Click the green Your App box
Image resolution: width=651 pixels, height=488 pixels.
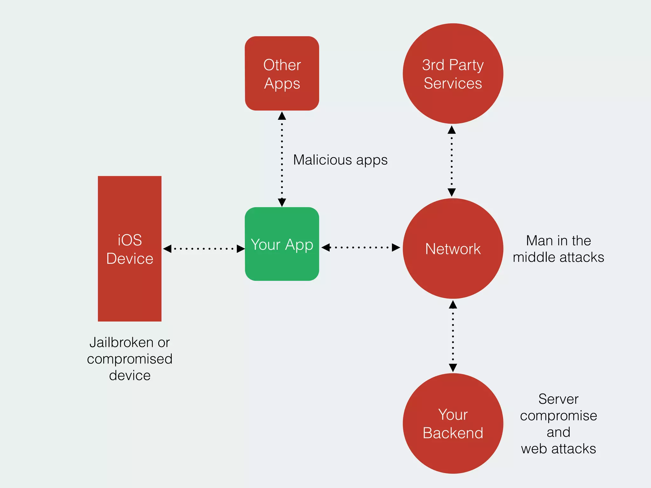282,244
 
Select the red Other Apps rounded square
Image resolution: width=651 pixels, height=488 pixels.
282,73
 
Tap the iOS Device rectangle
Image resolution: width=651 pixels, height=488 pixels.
130,249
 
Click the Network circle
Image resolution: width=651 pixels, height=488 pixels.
453,248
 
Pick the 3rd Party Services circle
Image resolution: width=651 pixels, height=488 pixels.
453,74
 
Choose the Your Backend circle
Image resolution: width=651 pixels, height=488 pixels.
453,423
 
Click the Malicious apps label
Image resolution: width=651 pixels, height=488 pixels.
340,160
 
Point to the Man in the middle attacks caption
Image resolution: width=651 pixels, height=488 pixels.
558,249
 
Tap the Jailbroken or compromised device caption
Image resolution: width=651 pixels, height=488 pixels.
130,359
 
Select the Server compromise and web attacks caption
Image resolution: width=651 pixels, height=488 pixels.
558,424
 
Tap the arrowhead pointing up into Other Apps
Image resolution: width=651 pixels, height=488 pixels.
282,116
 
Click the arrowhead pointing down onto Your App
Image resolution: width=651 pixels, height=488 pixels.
282,202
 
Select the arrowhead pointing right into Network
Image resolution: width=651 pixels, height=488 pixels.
396,247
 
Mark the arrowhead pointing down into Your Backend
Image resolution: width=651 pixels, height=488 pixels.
453,368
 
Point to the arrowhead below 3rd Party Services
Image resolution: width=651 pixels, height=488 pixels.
452,130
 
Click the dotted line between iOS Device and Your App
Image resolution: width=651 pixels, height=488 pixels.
203,249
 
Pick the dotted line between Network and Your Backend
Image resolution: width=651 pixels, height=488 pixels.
453,337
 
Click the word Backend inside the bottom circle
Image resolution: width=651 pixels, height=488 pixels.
453,433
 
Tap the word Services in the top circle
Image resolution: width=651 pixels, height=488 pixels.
453,84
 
